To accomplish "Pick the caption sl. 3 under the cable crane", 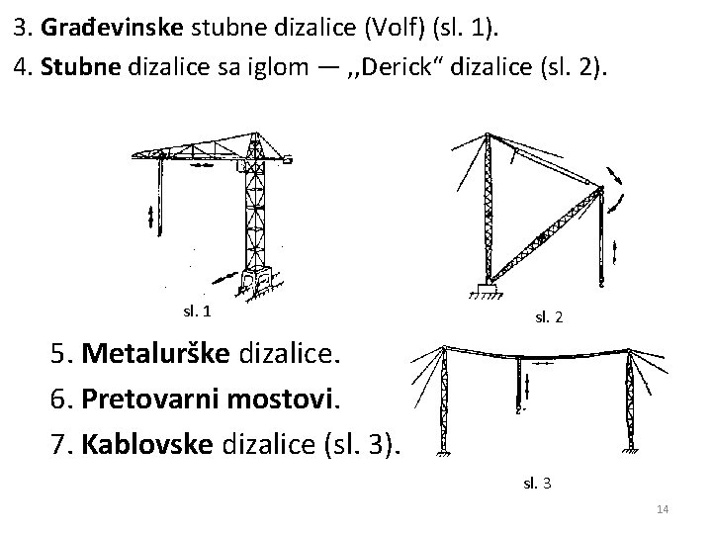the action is click(x=538, y=483).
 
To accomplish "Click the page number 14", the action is click(x=664, y=509).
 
